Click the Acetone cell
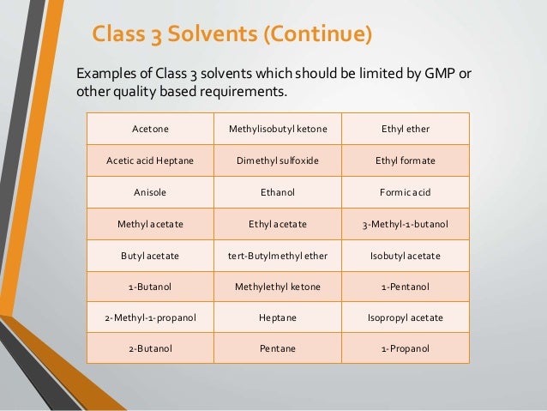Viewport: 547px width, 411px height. coord(150,129)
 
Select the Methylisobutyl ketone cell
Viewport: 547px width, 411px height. coord(278,129)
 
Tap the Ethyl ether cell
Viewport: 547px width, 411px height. coord(406,129)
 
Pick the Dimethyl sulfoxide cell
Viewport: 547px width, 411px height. coord(278,160)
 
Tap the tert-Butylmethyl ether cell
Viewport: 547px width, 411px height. coord(278,256)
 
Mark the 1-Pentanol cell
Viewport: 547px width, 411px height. coord(406,287)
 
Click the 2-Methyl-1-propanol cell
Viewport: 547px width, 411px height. coord(150,318)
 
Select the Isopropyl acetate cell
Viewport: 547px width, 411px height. coord(406,318)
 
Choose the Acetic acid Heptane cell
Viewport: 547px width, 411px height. coord(150,160)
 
